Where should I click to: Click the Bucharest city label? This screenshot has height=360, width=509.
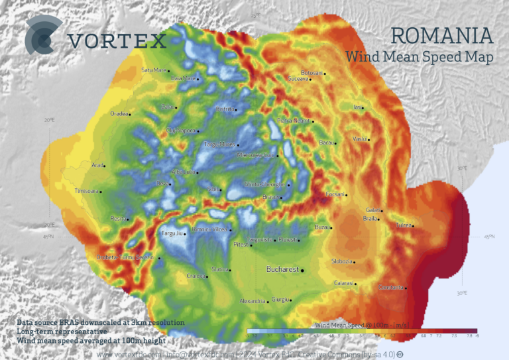click(282, 270)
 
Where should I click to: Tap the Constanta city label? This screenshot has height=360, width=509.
click(390, 288)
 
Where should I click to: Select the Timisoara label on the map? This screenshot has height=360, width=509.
click(86, 191)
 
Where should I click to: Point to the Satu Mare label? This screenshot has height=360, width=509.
click(153, 70)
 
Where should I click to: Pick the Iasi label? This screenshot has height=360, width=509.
click(358, 107)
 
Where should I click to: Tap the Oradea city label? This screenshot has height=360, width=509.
click(119, 113)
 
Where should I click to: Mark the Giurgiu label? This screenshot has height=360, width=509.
click(280, 300)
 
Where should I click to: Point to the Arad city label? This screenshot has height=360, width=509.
click(97, 165)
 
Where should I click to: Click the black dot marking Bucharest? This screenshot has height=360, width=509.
click(303, 270)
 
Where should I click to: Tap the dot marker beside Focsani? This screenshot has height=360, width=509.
click(347, 194)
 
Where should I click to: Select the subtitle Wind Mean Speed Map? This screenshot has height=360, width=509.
click(419, 58)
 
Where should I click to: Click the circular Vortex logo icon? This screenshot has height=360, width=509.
click(43, 37)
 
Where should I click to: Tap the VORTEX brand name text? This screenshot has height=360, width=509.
click(117, 41)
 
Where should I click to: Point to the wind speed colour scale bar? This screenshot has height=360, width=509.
click(361, 330)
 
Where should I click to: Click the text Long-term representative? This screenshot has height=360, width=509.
click(62, 331)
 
